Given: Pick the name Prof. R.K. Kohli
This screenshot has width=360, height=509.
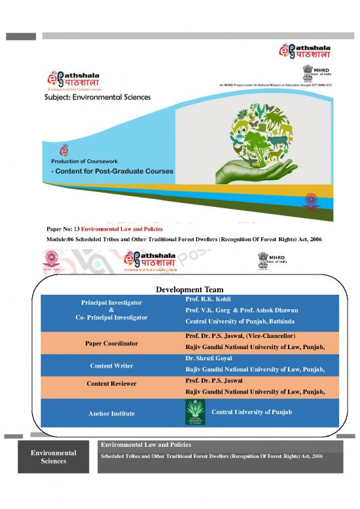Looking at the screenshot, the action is click(205, 299).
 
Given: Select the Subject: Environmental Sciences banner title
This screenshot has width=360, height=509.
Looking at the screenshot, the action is click(98, 97).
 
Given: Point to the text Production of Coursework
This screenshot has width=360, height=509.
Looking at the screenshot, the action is click(89, 160).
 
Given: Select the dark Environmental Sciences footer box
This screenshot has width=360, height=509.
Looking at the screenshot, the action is click(58, 457).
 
